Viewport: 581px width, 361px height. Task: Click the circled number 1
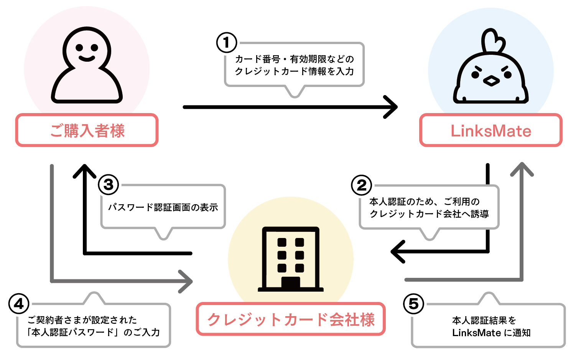[x=227, y=43]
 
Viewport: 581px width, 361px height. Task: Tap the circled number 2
[x=361, y=185]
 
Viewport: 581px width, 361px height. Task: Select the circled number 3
[x=109, y=185]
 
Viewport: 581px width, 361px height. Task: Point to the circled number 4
[x=19, y=304]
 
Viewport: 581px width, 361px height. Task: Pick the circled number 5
[x=413, y=304]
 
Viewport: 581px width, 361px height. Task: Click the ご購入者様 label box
[x=87, y=130]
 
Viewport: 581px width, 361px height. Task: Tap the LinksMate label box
[x=490, y=131]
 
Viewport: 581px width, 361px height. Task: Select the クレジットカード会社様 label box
[x=291, y=319]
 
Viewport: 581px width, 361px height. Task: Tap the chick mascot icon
[x=491, y=69]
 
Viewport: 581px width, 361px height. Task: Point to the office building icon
[x=291, y=259]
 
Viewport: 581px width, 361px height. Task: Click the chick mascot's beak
[x=491, y=81]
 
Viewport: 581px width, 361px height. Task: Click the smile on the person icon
[x=87, y=59]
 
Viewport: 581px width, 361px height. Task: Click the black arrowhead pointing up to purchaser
[x=84, y=171]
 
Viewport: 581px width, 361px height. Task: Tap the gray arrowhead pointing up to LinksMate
[x=522, y=169]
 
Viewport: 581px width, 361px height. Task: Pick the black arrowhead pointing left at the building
[x=398, y=252]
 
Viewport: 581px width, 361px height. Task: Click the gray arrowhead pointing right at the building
[x=186, y=282]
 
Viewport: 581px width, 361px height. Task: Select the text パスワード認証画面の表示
[x=163, y=207]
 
